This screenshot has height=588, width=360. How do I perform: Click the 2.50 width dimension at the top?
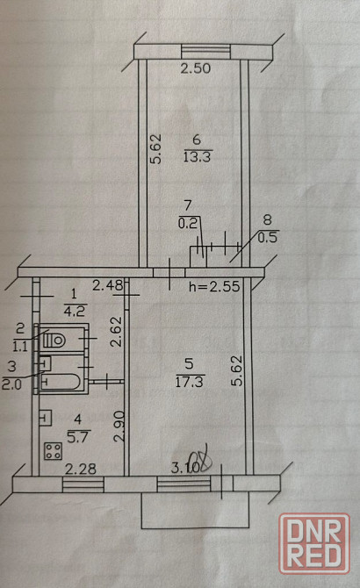tap(196, 68)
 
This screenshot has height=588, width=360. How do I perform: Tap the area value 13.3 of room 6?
tap(197, 156)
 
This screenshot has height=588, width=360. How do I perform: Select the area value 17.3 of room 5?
tap(189, 382)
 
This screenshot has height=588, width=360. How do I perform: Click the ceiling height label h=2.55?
tap(214, 286)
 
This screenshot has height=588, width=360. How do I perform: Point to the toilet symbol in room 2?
tap(54, 341)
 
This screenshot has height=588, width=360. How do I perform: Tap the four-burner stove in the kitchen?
tap(53, 451)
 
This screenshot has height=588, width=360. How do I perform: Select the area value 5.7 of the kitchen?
tap(77, 437)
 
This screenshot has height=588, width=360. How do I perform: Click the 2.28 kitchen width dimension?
tap(81, 469)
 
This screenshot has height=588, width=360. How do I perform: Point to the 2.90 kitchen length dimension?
tap(119, 426)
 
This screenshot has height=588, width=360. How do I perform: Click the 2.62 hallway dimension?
tap(117, 332)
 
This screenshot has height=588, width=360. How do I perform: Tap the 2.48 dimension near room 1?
tap(108, 286)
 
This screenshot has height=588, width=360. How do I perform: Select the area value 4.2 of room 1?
tap(75, 311)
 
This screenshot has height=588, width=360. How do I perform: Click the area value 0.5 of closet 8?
tap(268, 237)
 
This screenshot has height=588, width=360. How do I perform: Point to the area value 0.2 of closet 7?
tap(187, 224)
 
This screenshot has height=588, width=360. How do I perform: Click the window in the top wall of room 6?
tap(205, 52)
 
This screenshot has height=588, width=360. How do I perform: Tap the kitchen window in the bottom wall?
tap(83, 484)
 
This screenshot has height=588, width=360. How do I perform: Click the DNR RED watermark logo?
tap(314, 544)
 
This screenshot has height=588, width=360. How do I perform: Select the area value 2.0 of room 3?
tap(11, 384)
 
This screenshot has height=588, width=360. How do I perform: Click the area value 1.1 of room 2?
tap(20, 346)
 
